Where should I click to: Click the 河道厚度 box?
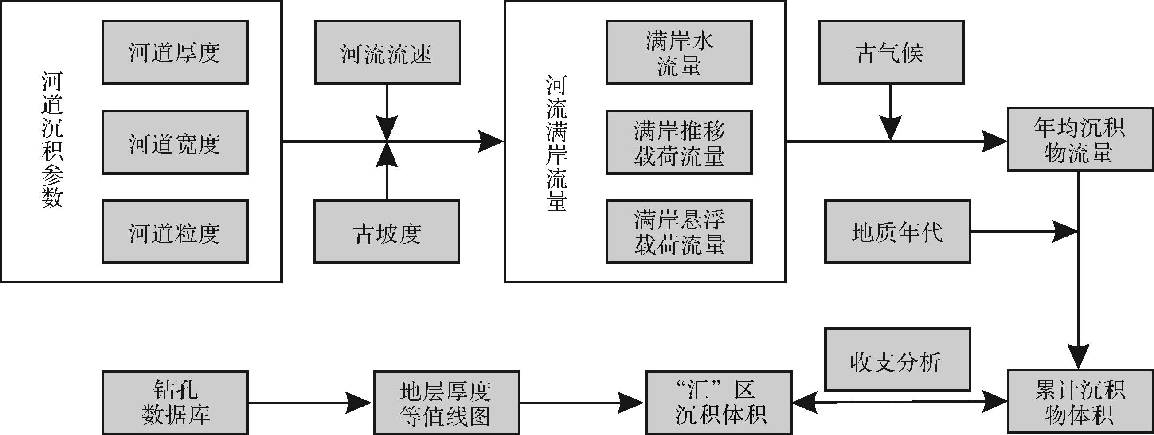pos(175,52)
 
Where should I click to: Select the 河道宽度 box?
pos(175,142)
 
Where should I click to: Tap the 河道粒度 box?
pos(175,231)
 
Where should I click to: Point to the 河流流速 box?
pos(387,52)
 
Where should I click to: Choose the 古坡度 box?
pos(387,231)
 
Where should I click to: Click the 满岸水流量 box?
pos(679,52)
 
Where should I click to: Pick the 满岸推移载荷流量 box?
pos(679,142)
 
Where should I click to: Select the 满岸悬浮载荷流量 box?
pos(679,231)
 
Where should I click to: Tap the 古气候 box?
pos(891,52)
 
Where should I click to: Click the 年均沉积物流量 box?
pos(1080,139)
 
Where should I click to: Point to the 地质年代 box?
pos(897,231)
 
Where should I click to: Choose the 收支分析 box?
pos(897,360)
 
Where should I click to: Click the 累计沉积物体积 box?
pos(1080,402)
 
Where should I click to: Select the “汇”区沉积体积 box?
pos(719,402)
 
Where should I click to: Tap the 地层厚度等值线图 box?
pos(446,402)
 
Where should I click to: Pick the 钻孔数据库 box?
pos(175,402)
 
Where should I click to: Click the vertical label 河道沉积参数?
pos(52,140)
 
